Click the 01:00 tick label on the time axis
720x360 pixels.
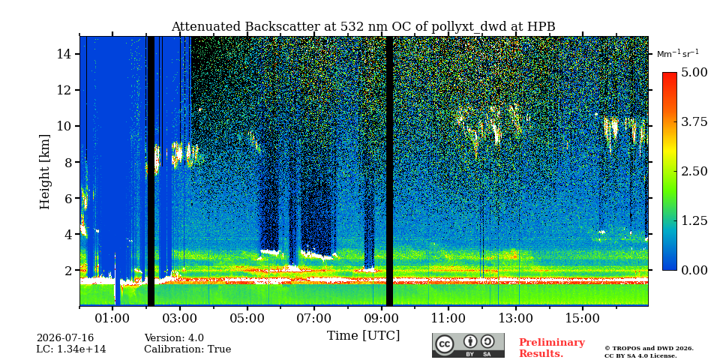(x=113, y=318)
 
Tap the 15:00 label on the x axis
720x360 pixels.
(x=583, y=318)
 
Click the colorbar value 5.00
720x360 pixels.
(x=694, y=73)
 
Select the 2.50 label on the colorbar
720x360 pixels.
(x=694, y=171)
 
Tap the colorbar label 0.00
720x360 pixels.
(x=694, y=271)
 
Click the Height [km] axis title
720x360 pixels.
(x=44, y=172)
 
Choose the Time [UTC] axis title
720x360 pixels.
(x=363, y=336)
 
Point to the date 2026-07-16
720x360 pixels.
(x=65, y=338)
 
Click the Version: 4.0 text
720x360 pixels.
(x=174, y=338)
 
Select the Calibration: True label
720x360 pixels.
(x=187, y=349)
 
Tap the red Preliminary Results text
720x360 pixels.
(x=552, y=348)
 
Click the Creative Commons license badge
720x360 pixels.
(x=468, y=345)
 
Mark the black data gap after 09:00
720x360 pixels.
(x=389, y=171)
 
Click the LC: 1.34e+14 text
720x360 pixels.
(x=71, y=349)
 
